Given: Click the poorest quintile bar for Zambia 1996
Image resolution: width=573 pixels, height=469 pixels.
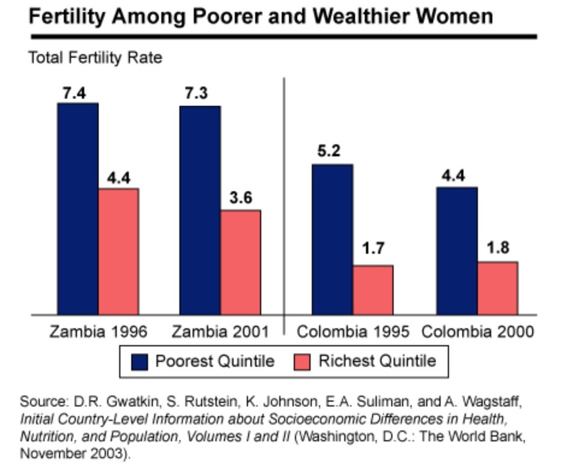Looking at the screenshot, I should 78,208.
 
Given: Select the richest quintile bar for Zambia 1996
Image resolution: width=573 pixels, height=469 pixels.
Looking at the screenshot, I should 119,251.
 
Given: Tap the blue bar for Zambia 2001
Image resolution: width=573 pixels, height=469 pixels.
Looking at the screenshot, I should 200,210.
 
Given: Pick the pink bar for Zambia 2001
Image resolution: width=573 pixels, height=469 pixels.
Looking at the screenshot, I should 241,262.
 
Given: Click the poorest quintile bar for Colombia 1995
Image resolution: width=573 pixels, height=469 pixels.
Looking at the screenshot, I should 332,239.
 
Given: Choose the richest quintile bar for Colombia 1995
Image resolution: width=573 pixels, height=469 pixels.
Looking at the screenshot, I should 373,289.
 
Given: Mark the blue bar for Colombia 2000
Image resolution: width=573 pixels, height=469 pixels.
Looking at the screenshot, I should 457,250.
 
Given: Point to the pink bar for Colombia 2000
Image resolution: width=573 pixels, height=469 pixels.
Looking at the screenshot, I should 498,287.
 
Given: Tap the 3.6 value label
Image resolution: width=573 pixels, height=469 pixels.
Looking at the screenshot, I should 241,199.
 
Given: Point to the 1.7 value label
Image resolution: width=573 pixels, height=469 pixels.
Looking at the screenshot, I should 373,249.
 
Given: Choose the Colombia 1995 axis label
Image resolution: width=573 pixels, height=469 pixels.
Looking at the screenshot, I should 353,332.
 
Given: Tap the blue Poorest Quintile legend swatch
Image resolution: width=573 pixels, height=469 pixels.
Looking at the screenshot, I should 140,362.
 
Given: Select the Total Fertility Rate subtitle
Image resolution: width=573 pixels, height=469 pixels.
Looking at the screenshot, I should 95,58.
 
